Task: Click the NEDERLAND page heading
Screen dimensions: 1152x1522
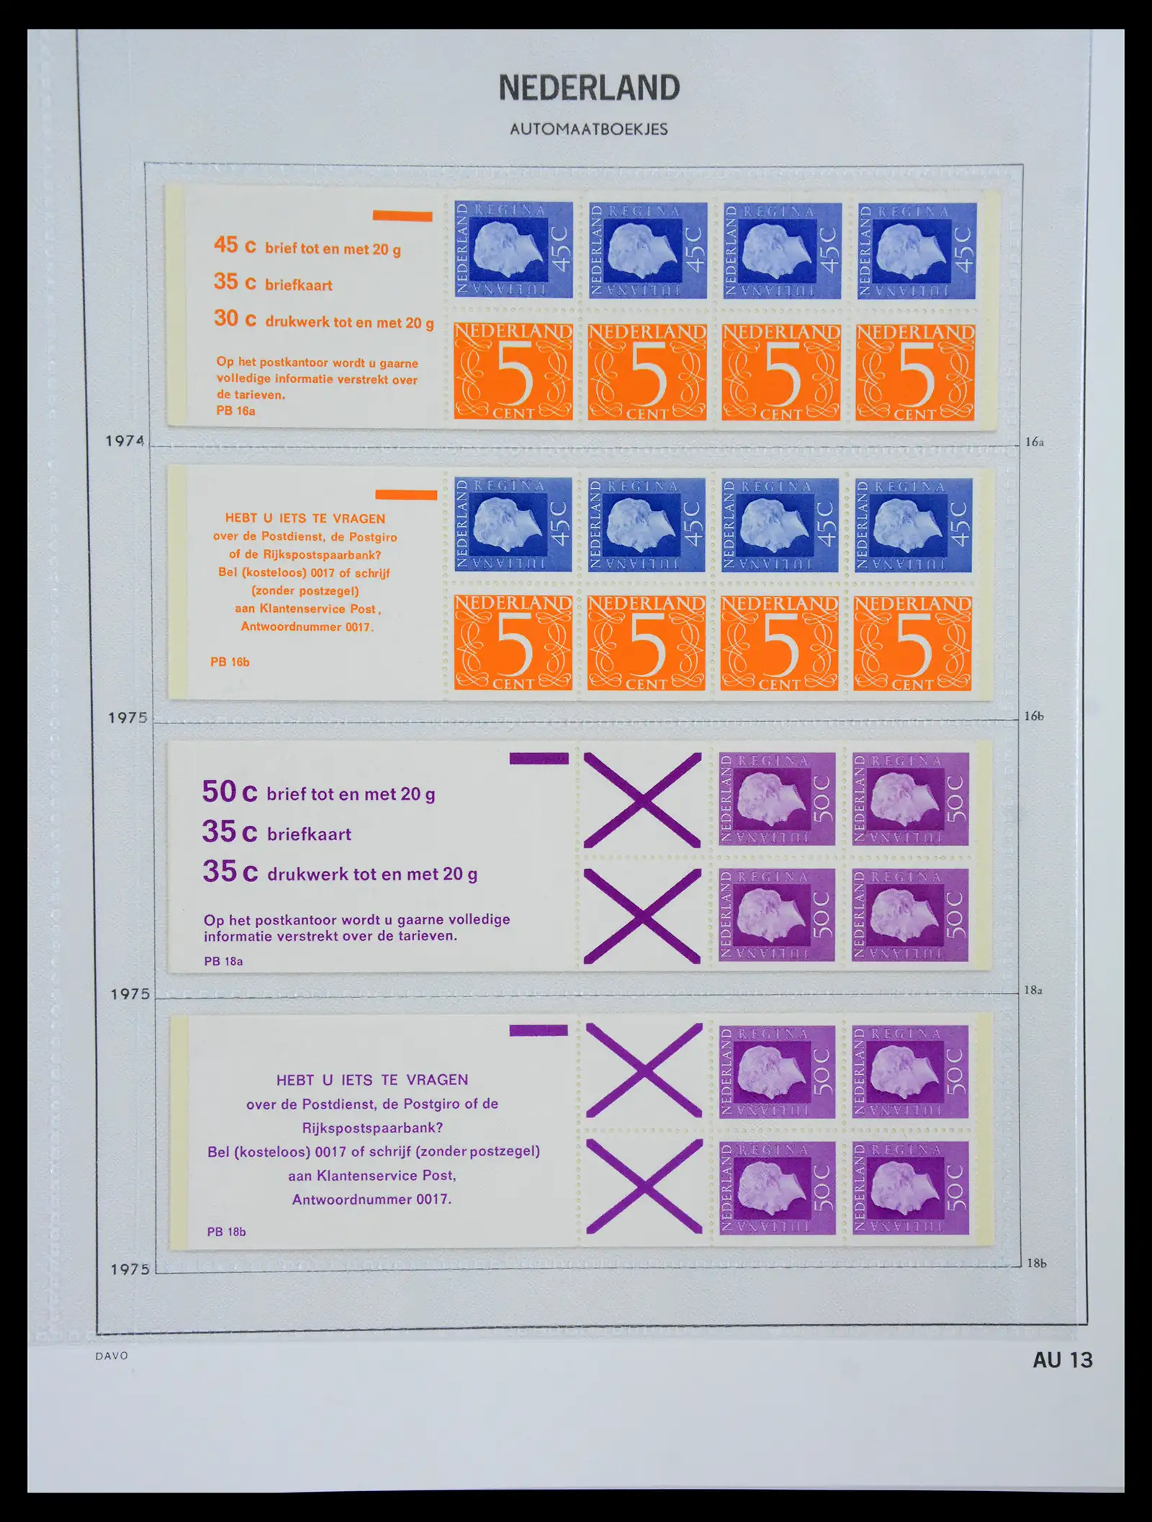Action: (589, 88)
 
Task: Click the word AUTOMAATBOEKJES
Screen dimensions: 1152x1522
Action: (589, 130)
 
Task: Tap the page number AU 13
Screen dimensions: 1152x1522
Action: (1062, 1360)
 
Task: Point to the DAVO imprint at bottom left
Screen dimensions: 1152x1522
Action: (112, 1356)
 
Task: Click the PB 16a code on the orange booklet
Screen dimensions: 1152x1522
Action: (235, 411)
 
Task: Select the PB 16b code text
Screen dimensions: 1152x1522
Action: (230, 662)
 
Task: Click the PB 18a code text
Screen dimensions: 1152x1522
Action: (223, 961)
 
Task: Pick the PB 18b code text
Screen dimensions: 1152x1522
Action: (226, 1232)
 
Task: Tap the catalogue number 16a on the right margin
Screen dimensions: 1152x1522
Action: (1034, 442)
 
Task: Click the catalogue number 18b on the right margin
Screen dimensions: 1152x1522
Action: (1036, 1263)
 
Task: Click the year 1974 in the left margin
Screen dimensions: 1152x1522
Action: (125, 441)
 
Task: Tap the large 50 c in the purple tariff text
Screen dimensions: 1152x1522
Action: (230, 792)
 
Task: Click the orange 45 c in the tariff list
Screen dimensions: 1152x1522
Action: (235, 245)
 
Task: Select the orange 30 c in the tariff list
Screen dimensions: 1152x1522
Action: (235, 318)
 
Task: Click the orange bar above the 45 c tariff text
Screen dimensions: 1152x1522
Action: (402, 216)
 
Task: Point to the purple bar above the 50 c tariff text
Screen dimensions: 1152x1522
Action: (539, 758)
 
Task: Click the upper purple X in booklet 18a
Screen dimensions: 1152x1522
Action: (642, 800)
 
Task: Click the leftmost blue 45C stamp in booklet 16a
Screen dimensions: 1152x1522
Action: (513, 250)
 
